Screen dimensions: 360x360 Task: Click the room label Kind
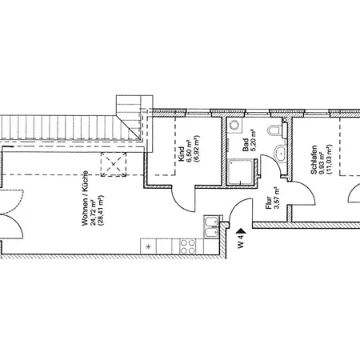coord(182,154)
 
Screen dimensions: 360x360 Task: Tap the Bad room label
coord(246,145)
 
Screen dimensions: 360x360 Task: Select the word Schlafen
coord(314,160)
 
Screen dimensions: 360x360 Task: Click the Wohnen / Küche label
coord(85,198)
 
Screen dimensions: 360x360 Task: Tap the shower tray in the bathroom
coord(241,172)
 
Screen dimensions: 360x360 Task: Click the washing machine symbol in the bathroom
coord(235,125)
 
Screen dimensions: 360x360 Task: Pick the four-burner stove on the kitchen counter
coord(187,246)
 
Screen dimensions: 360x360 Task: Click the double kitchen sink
coord(211,226)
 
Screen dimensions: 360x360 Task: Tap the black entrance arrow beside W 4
coord(242,231)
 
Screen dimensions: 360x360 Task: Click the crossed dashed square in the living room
coord(114,164)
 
